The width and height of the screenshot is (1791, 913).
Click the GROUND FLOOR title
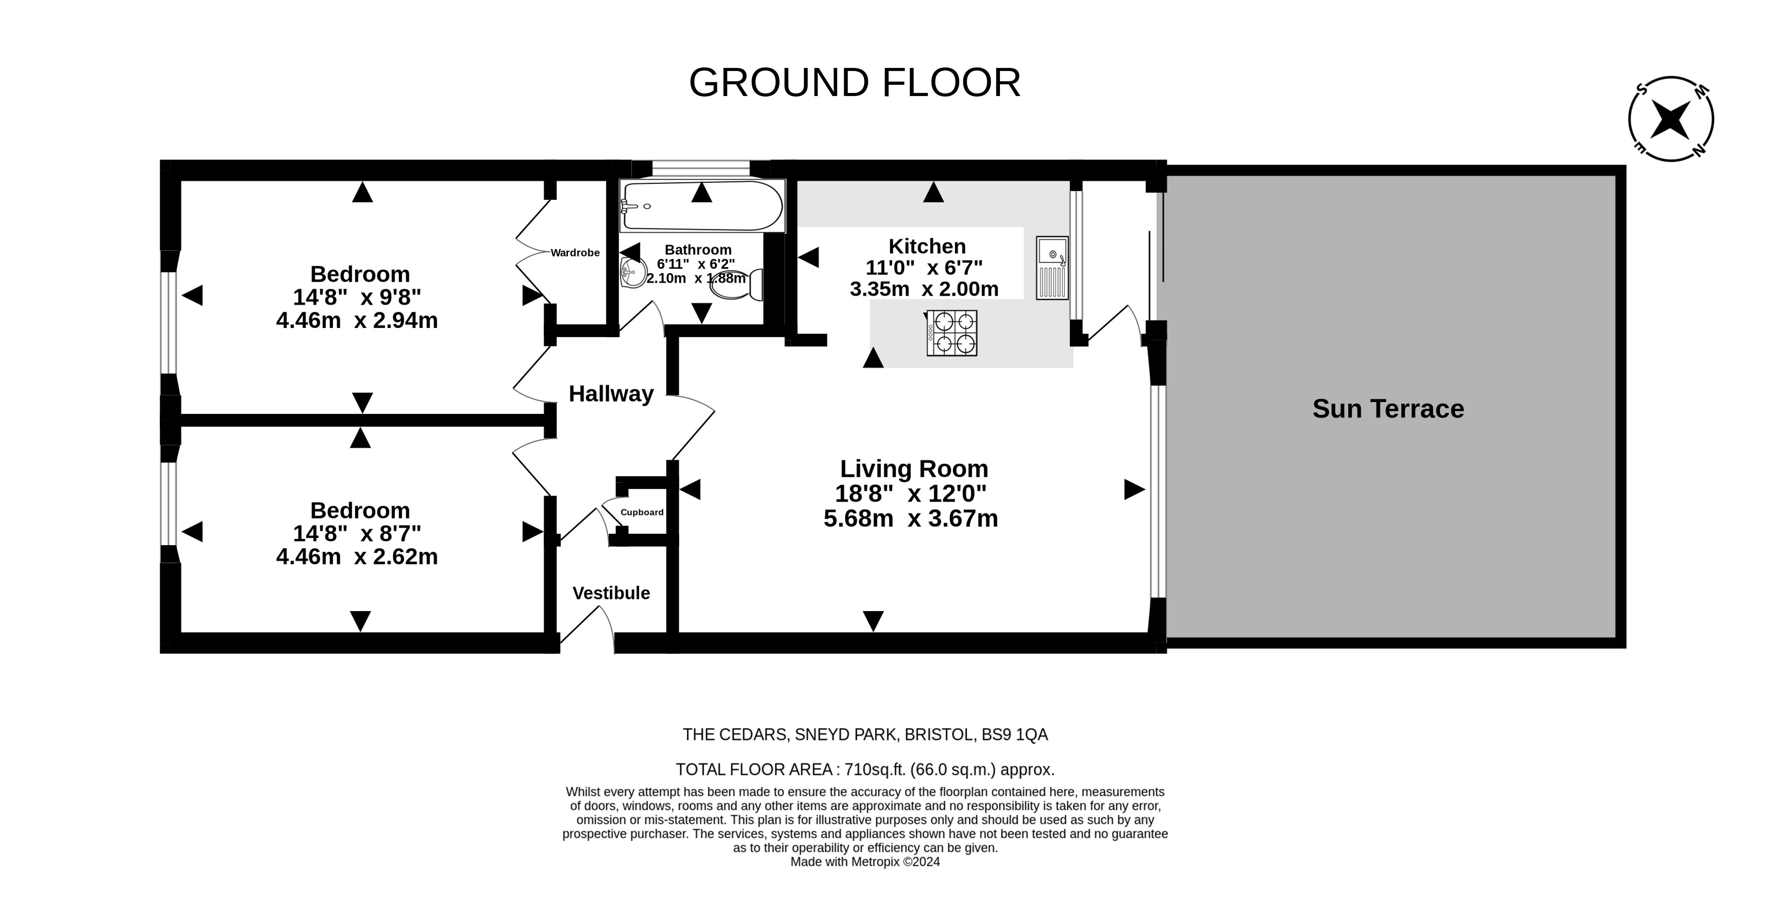(x=854, y=83)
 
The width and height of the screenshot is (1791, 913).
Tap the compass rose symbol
(x=1670, y=119)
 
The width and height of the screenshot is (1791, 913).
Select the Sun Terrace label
(x=1388, y=409)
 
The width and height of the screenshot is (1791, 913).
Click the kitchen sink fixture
(x=1052, y=268)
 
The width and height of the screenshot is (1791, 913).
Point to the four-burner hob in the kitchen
(x=952, y=333)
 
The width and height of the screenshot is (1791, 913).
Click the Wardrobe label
(x=575, y=253)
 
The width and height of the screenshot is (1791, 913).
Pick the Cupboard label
(x=642, y=512)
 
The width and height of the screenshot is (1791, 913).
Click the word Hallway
(x=611, y=394)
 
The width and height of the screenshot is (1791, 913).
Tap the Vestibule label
(x=611, y=593)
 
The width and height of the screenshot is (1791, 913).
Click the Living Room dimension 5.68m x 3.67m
(x=911, y=519)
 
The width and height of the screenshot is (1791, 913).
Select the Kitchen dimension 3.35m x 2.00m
(x=924, y=289)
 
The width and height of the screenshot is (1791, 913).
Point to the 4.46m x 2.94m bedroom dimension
(x=356, y=320)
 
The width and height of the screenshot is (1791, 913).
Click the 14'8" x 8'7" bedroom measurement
(x=356, y=534)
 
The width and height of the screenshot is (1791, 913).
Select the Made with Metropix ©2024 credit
(x=865, y=862)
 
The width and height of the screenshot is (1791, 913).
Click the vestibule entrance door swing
(x=591, y=626)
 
